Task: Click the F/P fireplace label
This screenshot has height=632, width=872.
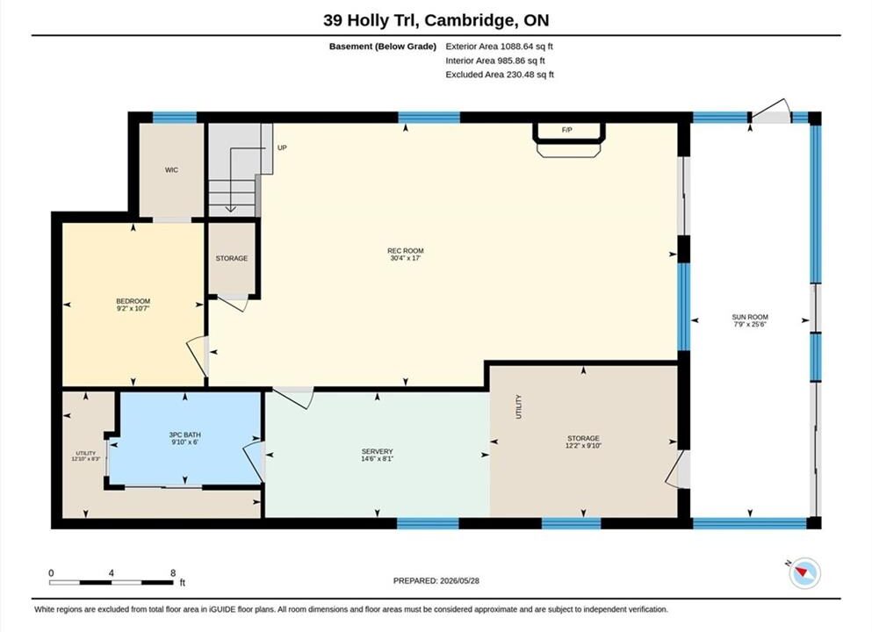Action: pyautogui.click(x=566, y=130)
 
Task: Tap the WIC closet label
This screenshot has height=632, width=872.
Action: pyautogui.click(x=171, y=170)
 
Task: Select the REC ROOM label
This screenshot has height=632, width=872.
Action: pyautogui.click(x=406, y=251)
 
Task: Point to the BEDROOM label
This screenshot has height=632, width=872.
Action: pyautogui.click(x=133, y=301)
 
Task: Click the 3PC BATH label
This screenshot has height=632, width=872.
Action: pyautogui.click(x=185, y=434)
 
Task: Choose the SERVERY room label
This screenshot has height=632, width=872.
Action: pyautogui.click(x=377, y=451)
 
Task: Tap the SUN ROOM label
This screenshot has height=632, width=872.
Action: pyautogui.click(x=750, y=317)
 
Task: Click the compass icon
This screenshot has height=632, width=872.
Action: pyautogui.click(x=804, y=572)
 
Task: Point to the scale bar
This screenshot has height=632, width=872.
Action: pyautogui.click(x=112, y=583)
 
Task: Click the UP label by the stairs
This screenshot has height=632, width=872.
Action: pyautogui.click(x=282, y=147)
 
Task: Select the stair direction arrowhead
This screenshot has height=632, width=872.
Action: pyautogui.click(x=231, y=209)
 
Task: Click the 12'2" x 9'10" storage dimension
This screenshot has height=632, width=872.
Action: pyautogui.click(x=583, y=445)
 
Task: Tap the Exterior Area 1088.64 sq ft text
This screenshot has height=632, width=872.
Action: pyautogui.click(x=499, y=47)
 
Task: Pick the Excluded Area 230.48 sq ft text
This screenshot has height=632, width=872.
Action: pyautogui.click(x=500, y=75)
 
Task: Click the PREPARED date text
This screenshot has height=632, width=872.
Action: pyautogui.click(x=436, y=580)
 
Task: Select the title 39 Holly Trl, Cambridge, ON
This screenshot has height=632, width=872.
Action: pyautogui.click(x=436, y=20)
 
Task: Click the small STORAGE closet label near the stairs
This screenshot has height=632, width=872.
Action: pyautogui.click(x=231, y=258)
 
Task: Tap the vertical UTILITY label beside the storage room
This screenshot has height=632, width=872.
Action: pyautogui.click(x=519, y=407)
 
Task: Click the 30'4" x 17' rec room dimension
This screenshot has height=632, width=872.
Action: pyautogui.click(x=406, y=258)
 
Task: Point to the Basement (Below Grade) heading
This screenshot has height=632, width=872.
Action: pyautogui.click(x=383, y=47)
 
